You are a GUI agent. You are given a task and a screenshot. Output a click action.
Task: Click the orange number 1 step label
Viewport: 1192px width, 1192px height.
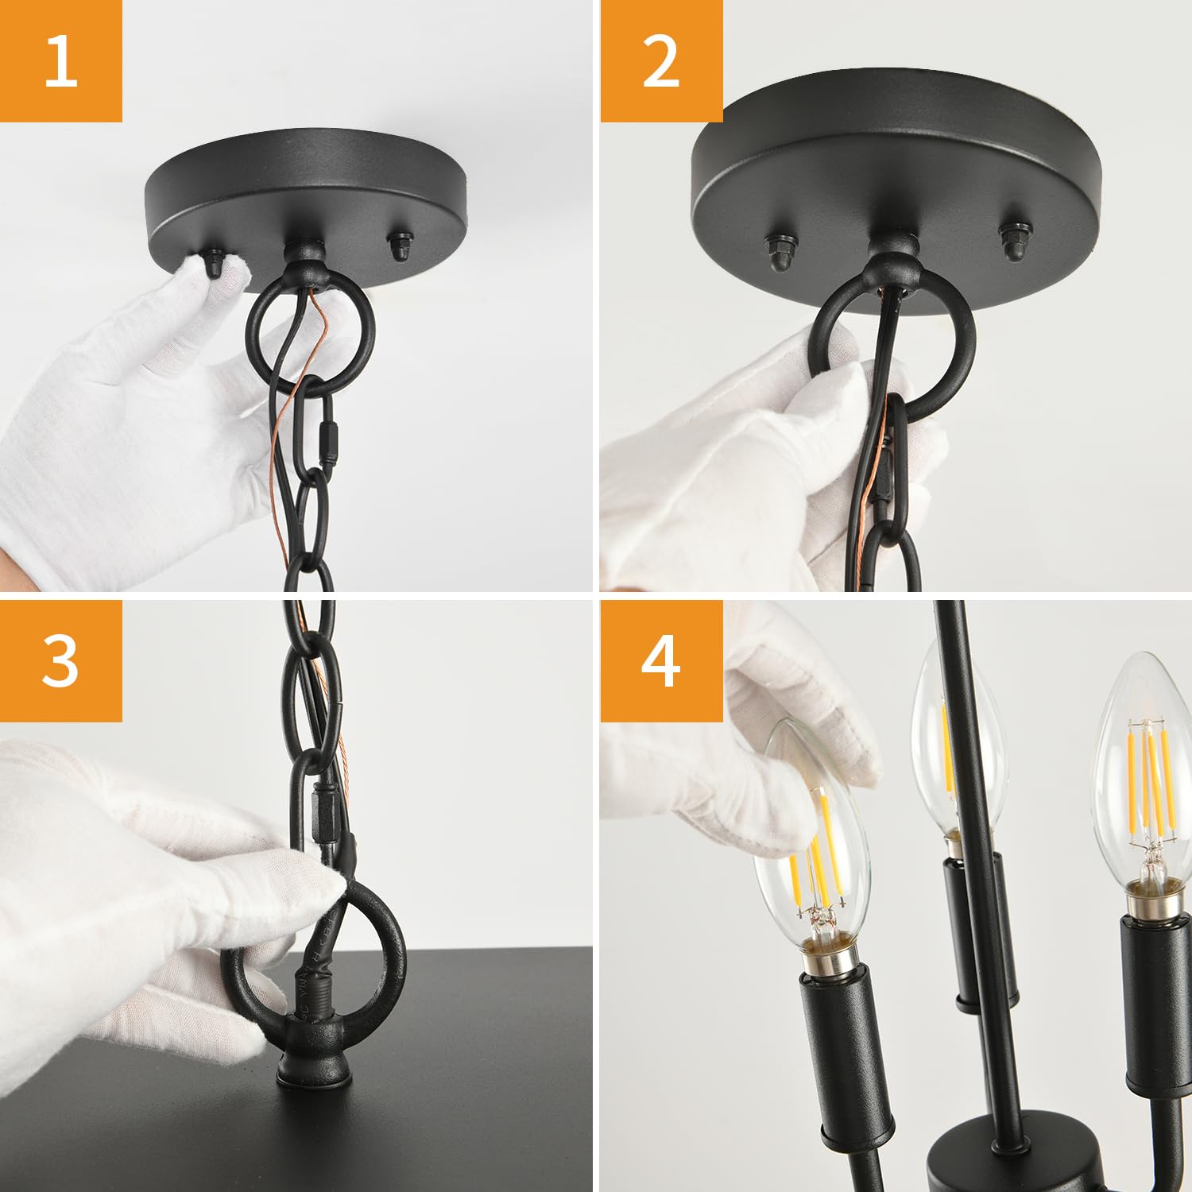click(61, 61)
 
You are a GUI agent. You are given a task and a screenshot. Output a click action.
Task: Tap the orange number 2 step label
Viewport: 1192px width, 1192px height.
click(661, 61)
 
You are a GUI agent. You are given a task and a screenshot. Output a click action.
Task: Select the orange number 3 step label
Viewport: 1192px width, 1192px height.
click(61, 660)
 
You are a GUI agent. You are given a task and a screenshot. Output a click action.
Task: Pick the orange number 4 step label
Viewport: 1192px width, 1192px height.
click(661, 660)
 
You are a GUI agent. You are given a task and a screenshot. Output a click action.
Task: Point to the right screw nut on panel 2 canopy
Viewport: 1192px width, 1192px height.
click(1012, 242)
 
